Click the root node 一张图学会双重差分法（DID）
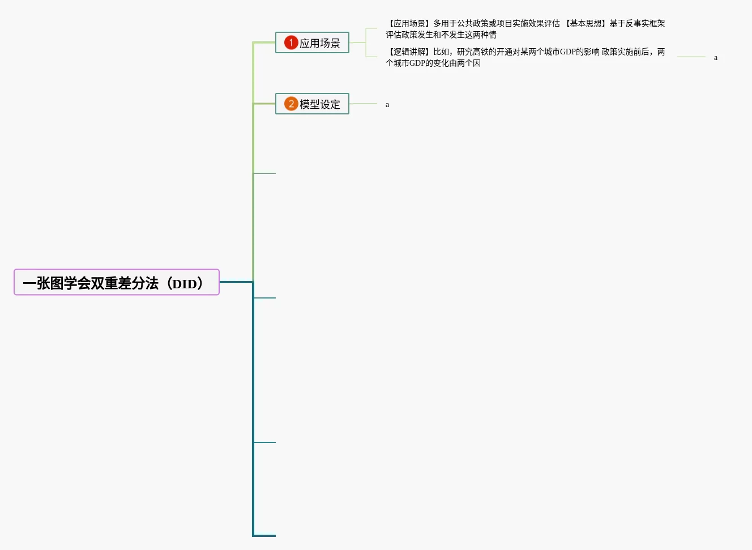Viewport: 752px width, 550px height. coord(116,283)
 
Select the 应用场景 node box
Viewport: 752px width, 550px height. coord(312,43)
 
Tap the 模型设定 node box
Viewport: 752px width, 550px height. coord(312,104)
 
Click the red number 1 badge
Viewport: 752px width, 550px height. coord(291,42)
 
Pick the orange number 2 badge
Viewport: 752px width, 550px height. coord(291,104)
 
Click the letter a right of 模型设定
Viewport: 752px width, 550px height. coord(387,105)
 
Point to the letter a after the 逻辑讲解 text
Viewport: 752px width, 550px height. coord(716,58)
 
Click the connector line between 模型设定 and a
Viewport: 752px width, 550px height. coord(363,104)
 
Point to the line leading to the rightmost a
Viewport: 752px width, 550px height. coord(691,57)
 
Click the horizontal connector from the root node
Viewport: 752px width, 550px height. coord(236,282)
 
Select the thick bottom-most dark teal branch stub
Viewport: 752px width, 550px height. coord(264,535)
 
